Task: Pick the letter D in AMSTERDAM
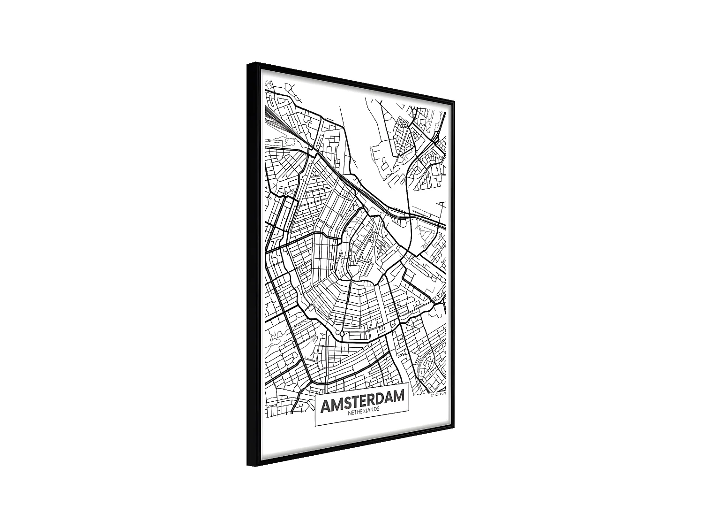pos(383,398)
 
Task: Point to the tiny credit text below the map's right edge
pos(440,395)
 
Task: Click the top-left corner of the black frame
pos(248,63)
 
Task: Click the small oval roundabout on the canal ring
pos(342,333)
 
